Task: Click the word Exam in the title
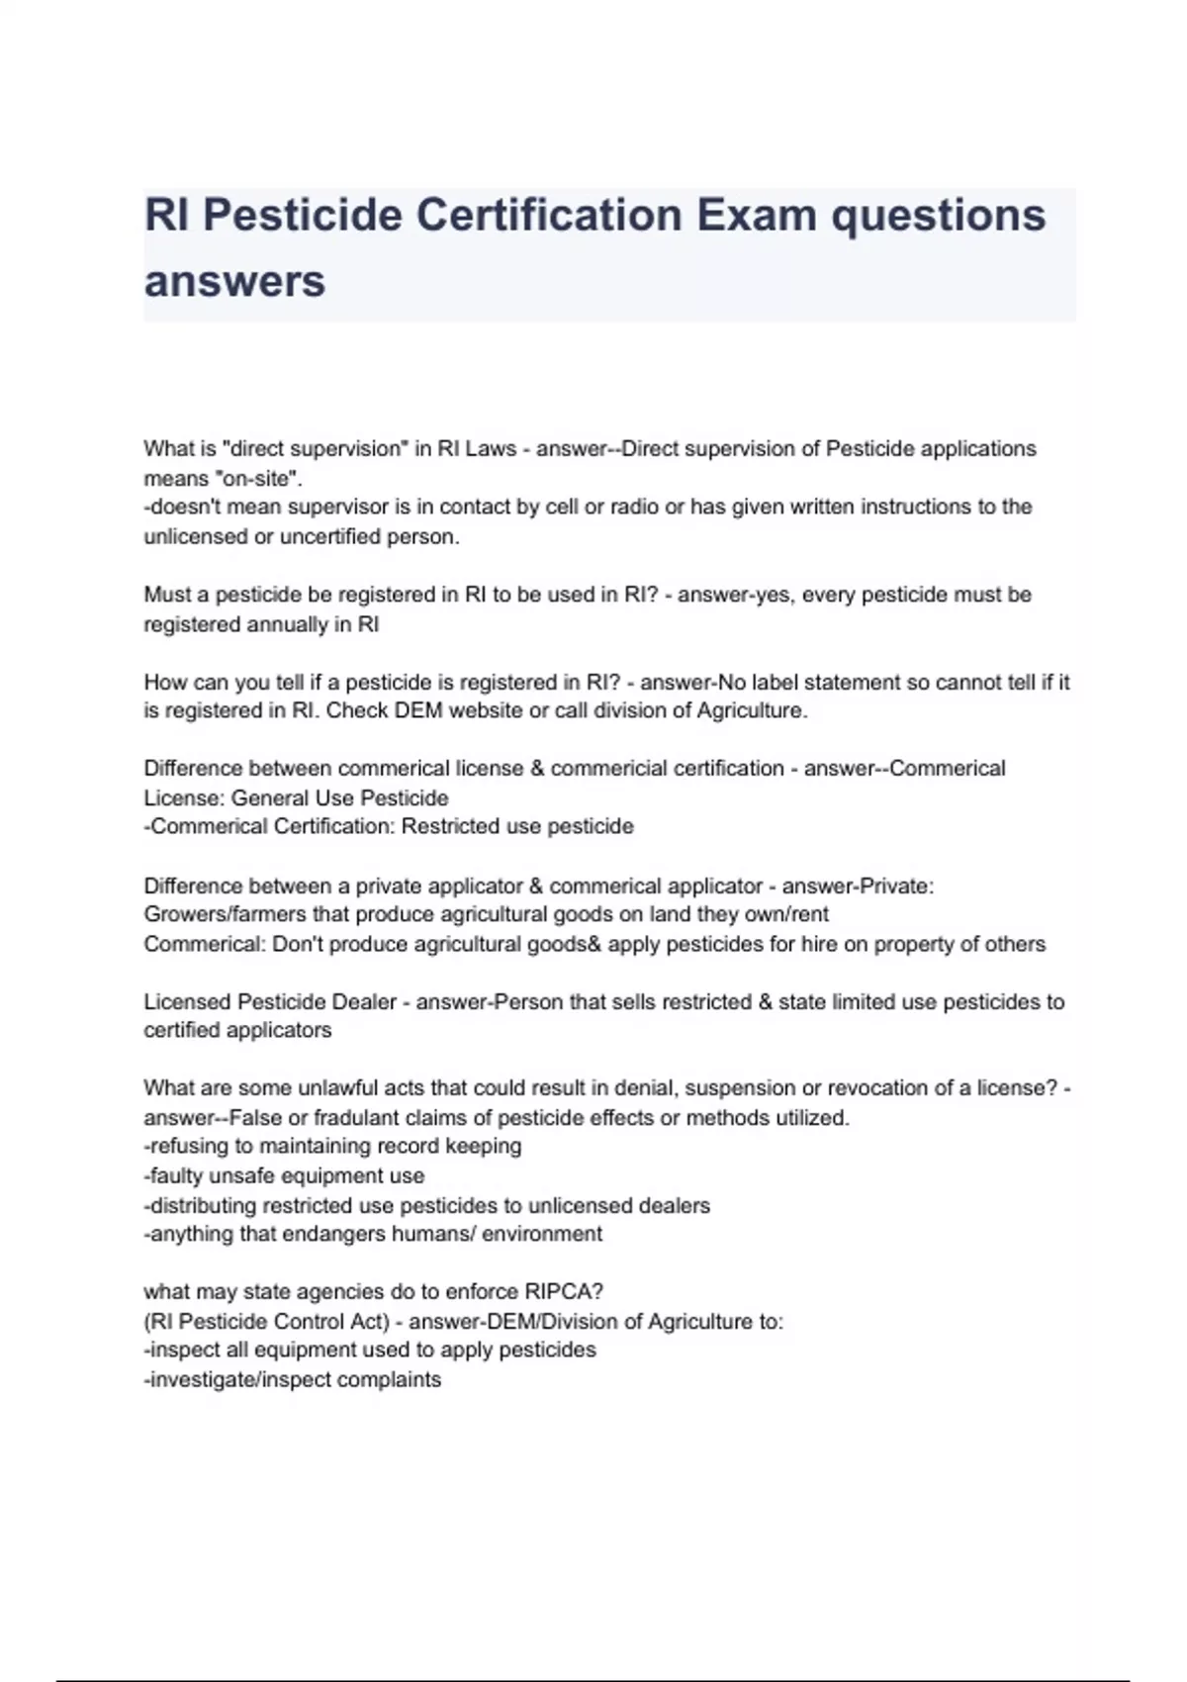coord(757,215)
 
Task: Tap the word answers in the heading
coord(234,281)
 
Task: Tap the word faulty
coord(179,1176)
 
